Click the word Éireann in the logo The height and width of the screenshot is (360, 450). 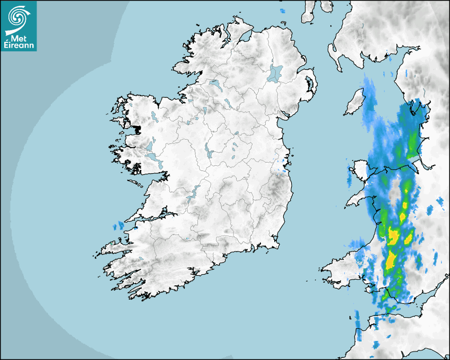tap(19, 46)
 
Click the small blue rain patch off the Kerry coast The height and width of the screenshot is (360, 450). tap(118, 227)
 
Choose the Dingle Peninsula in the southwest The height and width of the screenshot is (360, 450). tap(114, 247)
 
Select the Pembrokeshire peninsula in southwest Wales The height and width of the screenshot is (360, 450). tap(336, 269)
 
